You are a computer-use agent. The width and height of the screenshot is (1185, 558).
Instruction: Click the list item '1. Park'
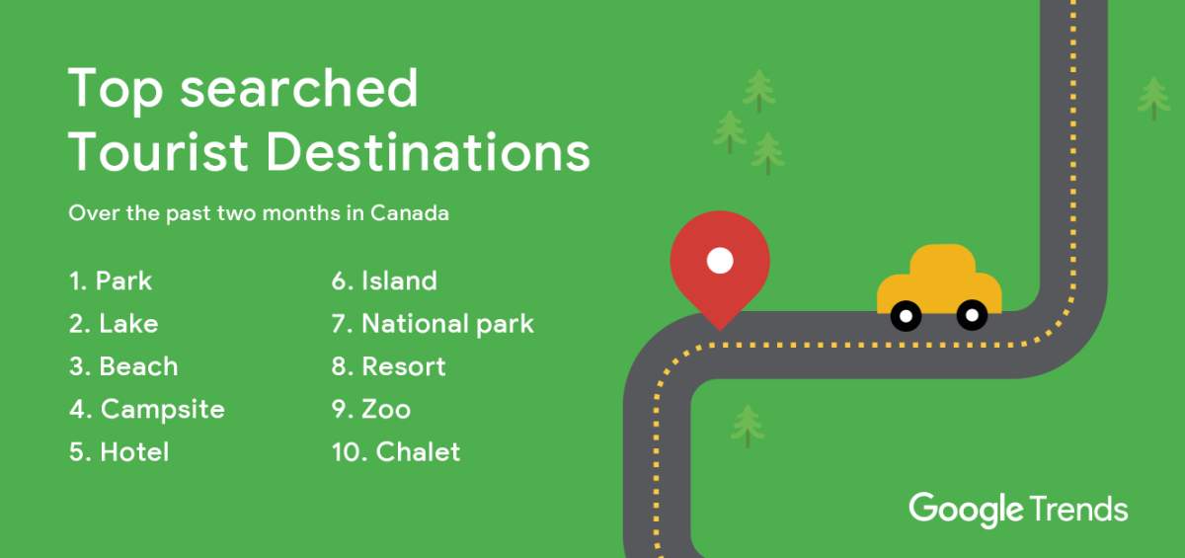[111, 281]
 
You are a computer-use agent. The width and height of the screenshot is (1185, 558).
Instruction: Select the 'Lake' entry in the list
[114, 324]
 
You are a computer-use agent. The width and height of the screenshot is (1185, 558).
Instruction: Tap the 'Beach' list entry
[123, 366]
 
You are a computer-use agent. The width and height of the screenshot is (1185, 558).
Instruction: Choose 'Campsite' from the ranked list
[147, 409]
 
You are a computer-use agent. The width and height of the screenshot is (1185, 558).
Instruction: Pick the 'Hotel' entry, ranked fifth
[118, 452]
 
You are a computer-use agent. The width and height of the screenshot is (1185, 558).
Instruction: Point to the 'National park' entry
[433, 324]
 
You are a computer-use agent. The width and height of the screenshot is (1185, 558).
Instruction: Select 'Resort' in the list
[388, 366]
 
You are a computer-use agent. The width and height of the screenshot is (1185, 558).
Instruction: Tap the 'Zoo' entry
[370, 409]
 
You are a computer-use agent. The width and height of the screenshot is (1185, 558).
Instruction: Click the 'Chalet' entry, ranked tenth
[395, 452]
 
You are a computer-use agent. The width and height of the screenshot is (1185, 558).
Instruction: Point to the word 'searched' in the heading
[299, 89]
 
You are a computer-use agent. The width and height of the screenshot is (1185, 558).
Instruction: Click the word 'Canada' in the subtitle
[410, 213]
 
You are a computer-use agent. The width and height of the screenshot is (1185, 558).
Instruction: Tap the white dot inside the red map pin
[720, 261]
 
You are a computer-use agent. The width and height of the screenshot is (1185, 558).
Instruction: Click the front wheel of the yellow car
[972, 315]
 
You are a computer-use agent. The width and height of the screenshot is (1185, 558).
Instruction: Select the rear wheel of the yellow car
[906, 316]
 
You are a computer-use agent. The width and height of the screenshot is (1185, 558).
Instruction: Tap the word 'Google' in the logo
[966, 510]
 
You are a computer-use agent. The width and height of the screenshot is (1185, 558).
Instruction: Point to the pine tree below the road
[748, 425]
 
